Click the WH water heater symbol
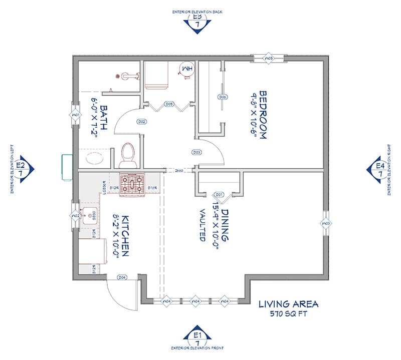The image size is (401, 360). click(186, 68)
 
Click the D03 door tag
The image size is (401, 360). click(196, 152)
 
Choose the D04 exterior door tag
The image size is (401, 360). click(121, 277)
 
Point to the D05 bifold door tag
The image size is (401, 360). click(169, 104)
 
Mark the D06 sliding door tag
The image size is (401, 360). click(223, 97)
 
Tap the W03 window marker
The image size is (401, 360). click(325, 223)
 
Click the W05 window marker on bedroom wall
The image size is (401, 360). click(269, 59)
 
